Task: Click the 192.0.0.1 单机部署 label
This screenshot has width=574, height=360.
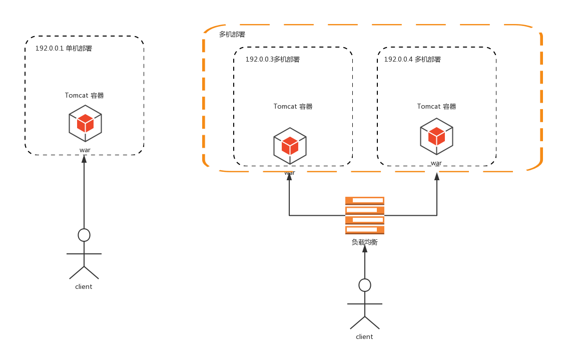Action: [64, 49]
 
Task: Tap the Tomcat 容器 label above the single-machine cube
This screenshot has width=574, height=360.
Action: [84, 96]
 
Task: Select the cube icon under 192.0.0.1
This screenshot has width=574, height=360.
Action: [85, 123]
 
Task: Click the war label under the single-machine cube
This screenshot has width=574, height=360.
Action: [85, 150]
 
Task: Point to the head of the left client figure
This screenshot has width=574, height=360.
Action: [84, 235]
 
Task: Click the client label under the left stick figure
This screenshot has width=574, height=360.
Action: [84, 287]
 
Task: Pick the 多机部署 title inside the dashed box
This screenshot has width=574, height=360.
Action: [232, 35]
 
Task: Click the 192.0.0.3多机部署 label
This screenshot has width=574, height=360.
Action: [272, 60]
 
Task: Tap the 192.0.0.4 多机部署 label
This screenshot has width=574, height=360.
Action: [412, 60]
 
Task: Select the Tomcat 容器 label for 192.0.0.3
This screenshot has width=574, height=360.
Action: [293, 107]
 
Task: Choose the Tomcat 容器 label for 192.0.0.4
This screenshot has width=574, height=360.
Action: [436, 107]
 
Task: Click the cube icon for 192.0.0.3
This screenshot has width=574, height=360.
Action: [290, 146]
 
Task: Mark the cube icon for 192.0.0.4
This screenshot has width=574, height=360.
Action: [436, 136]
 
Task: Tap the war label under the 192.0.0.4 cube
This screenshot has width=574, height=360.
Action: [436, 163]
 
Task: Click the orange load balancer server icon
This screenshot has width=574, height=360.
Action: [365, 215]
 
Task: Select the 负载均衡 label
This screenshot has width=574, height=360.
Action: [364, 242]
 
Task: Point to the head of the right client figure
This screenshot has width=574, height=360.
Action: [365, 285]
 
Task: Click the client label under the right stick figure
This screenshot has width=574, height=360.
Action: [364, 337]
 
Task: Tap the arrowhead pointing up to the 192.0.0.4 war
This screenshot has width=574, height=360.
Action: [437, 176]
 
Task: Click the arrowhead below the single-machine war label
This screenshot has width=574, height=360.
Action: [84, 159]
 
